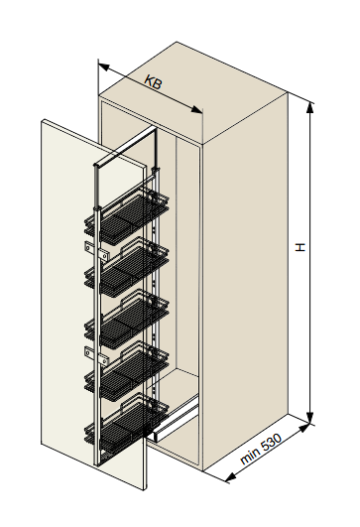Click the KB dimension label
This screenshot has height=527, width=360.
[x=153, y=82]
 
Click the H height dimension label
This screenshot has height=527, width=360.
[x=300, y=247]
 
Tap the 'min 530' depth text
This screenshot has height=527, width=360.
[x=261, y=449]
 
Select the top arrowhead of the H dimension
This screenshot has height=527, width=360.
[x=310, y=107]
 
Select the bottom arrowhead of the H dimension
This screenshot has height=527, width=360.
[x=310, y=417]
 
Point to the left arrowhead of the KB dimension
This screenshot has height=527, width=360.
[x=104, y=67]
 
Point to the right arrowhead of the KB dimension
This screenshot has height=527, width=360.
[x=196, y=109]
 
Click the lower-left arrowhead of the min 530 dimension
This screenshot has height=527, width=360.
[x=230, y=477]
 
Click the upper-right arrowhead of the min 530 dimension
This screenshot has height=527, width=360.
[x=303, y=429]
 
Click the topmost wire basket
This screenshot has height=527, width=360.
[x=126, y=215]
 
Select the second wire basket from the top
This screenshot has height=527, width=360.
[x=126, y=268]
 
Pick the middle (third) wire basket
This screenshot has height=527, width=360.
[x=126, y=320]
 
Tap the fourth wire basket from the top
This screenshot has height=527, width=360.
[x=126, y=372]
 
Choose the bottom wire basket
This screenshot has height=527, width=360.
[x=126, y=424]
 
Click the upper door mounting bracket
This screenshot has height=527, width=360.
[x=97, y=252]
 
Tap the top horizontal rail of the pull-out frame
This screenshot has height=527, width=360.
[x=125, y=147]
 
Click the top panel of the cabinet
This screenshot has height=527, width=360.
[x=193, y=92]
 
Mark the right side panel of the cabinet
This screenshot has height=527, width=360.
[x=245, y=279]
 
